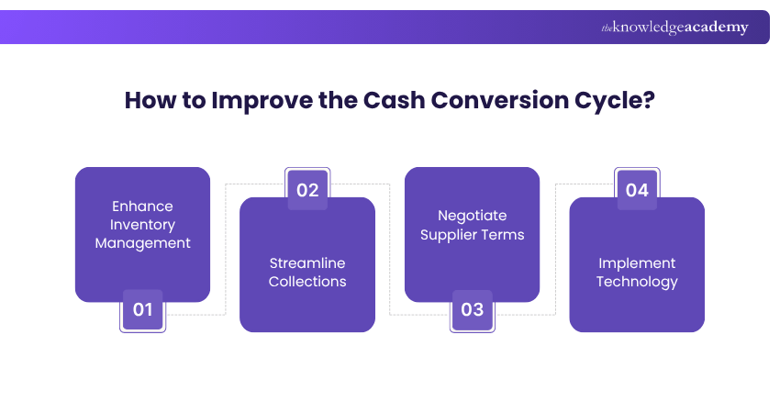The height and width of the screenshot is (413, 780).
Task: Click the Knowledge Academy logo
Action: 674,28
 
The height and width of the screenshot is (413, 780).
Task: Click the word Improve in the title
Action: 251,100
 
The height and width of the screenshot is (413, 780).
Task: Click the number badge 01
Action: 142,309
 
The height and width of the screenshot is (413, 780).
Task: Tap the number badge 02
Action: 307,190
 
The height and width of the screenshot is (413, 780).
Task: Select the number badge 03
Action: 473,309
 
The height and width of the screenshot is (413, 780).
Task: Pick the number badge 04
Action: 637,190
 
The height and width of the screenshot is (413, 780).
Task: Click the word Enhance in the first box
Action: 142,206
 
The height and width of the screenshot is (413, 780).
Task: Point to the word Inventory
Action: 142,224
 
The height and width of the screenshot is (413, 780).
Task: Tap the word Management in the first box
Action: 142,243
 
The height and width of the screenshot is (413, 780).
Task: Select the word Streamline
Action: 307,262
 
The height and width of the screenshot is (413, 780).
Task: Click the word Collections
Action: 307,281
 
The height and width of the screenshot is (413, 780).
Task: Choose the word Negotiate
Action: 473,216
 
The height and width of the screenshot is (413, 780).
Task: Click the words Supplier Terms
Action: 473,234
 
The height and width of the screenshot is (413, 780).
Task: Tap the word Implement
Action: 637,262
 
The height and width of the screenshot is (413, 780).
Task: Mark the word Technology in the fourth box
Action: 637,281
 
